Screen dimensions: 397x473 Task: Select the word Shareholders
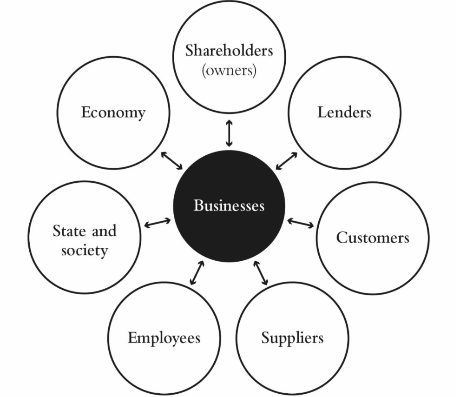[x=229, y=50]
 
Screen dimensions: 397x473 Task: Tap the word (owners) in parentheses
[x=229, y=71]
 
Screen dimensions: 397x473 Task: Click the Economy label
[x=113, y=112]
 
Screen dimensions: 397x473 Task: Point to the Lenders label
[x=344, y=112]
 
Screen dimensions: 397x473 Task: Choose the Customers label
[x=373, y=238]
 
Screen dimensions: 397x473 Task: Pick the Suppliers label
[x=292, y=337]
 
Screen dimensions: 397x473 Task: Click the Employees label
[x=164, y=338]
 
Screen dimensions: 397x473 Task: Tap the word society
[x=84, y=251]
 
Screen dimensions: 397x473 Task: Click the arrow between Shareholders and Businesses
[x=229, y=133]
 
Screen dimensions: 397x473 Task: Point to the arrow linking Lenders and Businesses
[x=286, y=161]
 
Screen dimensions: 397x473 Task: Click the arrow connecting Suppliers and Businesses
[x=261, y=273]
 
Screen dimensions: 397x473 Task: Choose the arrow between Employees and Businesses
[x=197, y=273]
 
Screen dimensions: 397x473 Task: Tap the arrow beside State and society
[x=158, y=223]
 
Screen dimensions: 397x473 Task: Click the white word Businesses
[x=229, y=205]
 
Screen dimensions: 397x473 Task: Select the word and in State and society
[x=103, y=231]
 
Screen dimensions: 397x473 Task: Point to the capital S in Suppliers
[x=265, y=337]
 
